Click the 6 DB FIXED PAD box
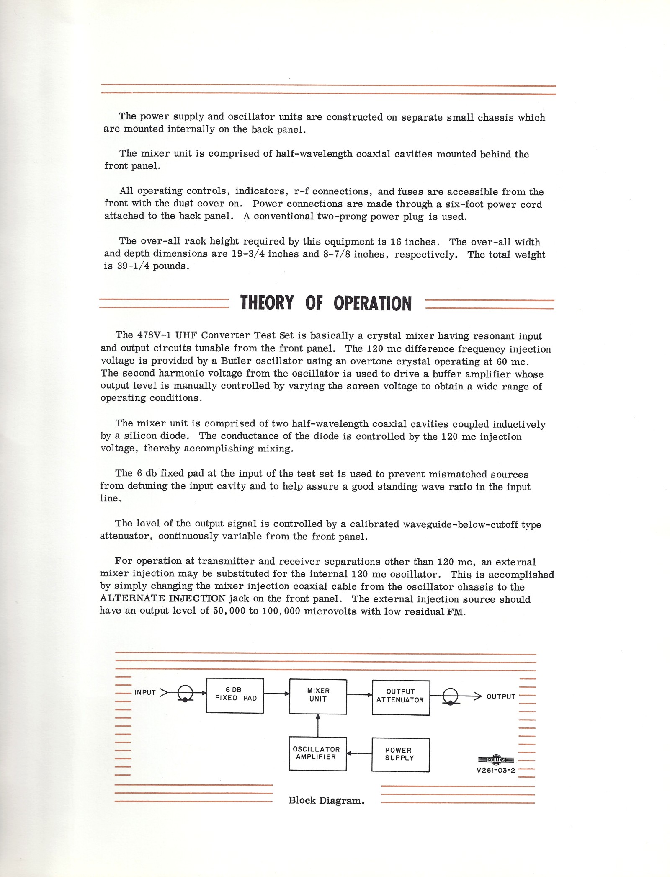[x=235, y=696]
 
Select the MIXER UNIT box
[x=318, y=696]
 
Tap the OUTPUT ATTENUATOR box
[x=401, y=697]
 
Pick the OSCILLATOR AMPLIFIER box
[x=317, y=754]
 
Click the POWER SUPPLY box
[x=400, y=755]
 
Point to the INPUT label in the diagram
[x=145, y=692]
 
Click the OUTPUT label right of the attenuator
[x=501, y=696]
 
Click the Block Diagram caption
[x=326, y=800]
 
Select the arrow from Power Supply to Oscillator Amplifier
[x=359, y=754]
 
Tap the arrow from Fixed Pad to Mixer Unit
[x=276, y=694]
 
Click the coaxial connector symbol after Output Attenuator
[x=451, y=697]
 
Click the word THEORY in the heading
[x=267, y=302]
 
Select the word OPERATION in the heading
[x=373, y=303]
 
